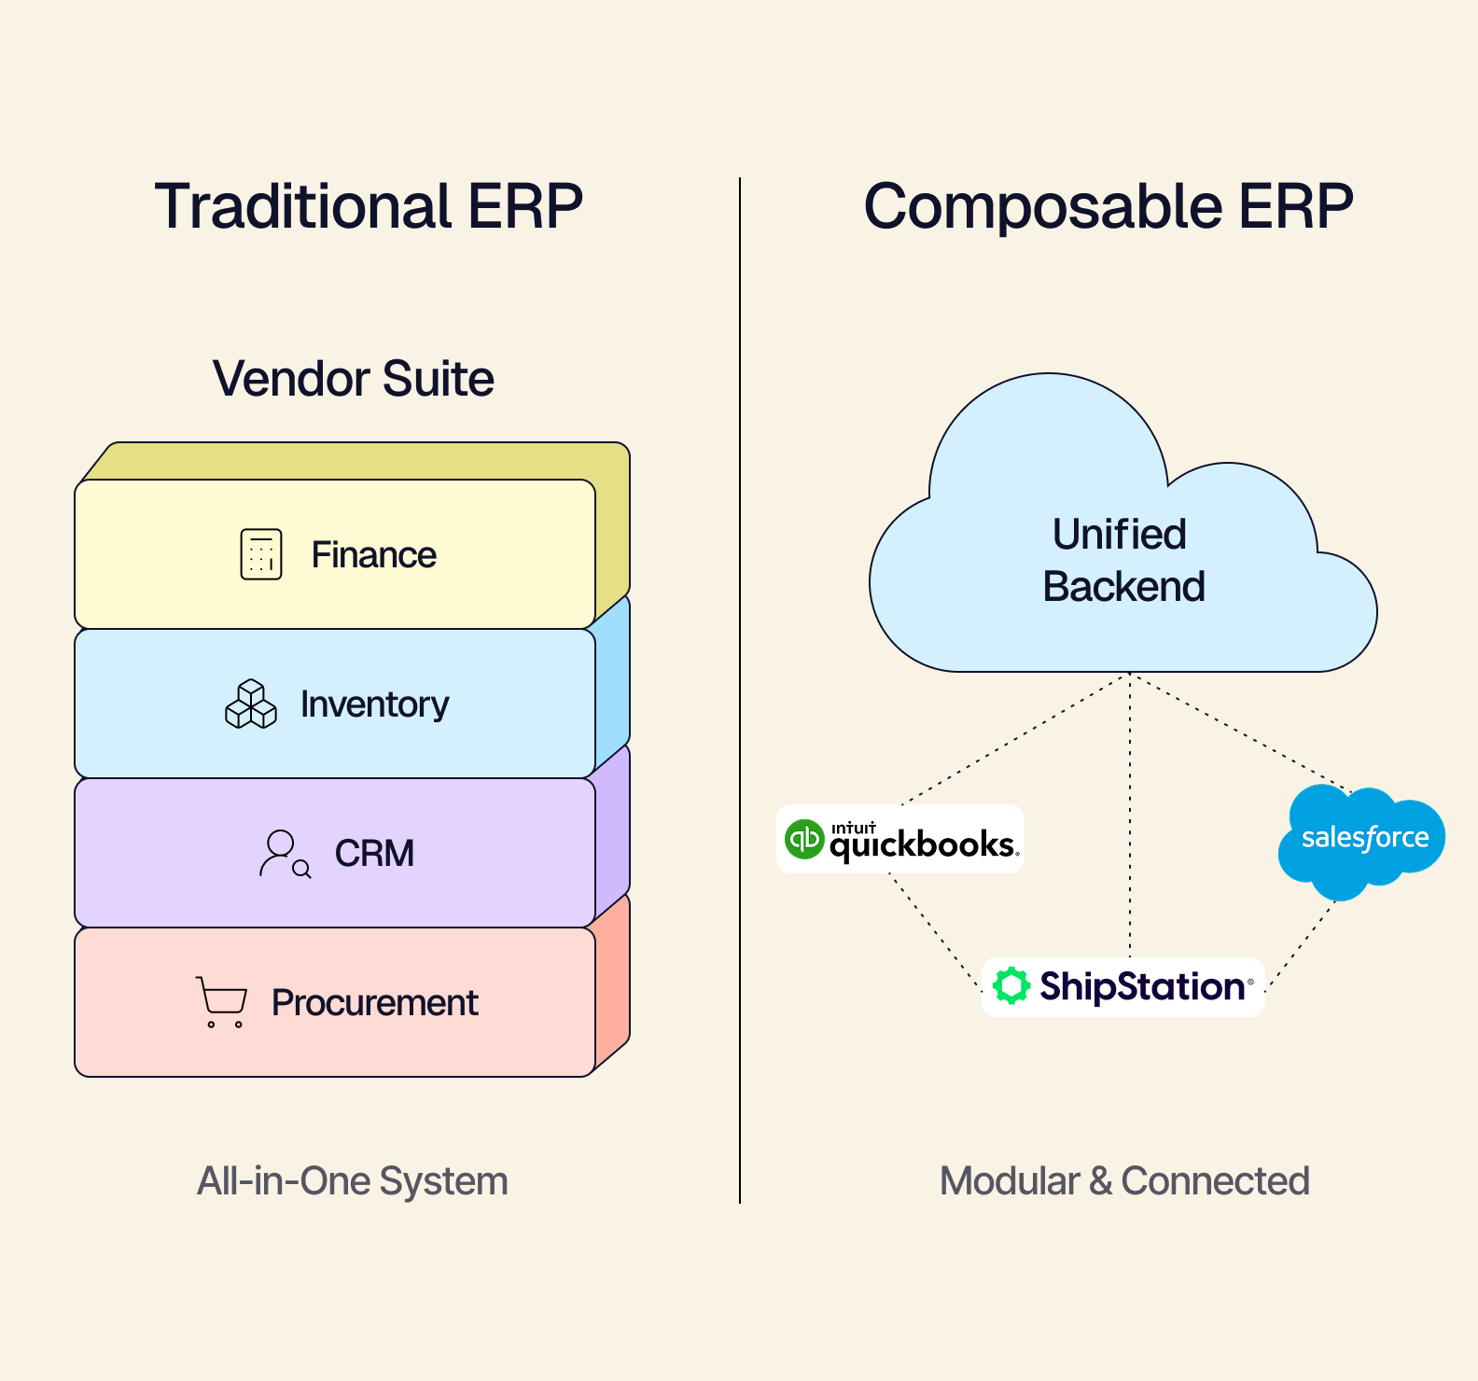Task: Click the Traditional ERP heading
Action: click(x=369, y=206)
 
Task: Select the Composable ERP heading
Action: click(x=1108, y=206)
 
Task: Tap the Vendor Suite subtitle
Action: click(x=354, y=379)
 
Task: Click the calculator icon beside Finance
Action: click(x=261, y=554)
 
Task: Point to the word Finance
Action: click(x=373, y=555)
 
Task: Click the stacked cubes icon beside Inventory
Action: click(x=251, y=704)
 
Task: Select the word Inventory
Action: click(x=374, y=704)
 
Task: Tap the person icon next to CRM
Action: click(x=284, y=853)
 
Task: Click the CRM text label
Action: click(x=374, y=853)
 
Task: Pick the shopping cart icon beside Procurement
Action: click(x=221, y=1002)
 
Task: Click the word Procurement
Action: click(x=375, y=1003)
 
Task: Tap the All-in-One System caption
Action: click(x=353, y=1181)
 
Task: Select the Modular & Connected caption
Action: click(x=1124, y=1181)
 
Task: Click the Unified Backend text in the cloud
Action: click(x=1122, y=561)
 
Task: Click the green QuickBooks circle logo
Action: click(x=804, y=839)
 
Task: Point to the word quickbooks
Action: click(x=922, y=844)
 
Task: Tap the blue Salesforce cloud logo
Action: click(x=1362, y=839)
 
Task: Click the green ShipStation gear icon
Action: click(x=1011, y=986)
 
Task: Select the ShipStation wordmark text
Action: click(x=1143, y=986)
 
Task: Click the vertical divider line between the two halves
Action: click(x=740, y=690)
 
